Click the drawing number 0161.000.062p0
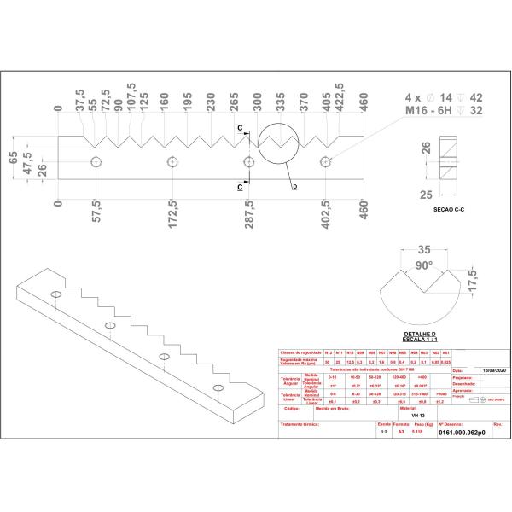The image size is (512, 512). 461,433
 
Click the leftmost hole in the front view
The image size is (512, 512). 96,161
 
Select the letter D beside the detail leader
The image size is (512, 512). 294,186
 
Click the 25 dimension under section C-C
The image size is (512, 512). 425,195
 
